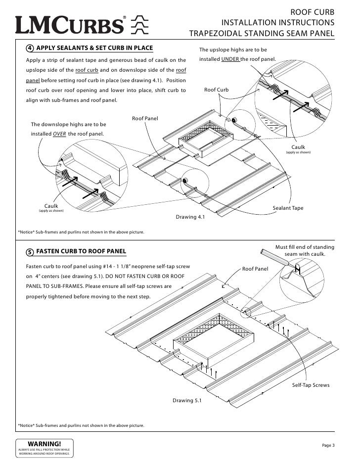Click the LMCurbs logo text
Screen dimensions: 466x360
point(69,24)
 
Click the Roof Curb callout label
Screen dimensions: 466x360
point(217,90)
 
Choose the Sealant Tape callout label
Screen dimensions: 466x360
point(288,208)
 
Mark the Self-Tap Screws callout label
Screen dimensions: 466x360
point(310,384)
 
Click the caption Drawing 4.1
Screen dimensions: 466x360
point(190,217)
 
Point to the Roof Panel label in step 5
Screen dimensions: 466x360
point(255,269)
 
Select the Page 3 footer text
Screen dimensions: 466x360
point(328,446)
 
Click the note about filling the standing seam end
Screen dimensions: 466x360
point(304,251)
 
